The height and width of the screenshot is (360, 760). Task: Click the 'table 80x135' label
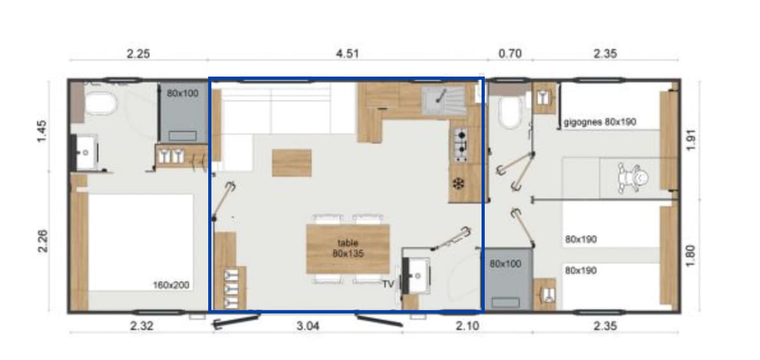click(348, 248)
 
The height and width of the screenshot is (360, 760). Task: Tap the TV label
click(388, 285)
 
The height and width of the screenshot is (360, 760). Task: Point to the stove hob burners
click(460, 144)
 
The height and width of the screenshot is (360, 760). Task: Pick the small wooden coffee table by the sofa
click(292, 163)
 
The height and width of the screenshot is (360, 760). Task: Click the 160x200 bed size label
click(171, 285)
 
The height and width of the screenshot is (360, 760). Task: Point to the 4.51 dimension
click(347, 54)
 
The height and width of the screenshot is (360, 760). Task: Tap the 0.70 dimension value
click(509, 54)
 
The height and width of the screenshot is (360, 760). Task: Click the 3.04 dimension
click(308, 326)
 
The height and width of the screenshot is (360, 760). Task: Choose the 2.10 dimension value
click(466, 326)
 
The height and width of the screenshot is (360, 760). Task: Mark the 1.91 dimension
click(690, 139)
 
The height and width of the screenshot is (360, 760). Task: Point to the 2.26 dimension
click(43, 241)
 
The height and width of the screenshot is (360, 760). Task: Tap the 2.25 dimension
click(138, 54)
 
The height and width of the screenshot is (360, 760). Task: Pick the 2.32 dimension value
click(142, 326)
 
